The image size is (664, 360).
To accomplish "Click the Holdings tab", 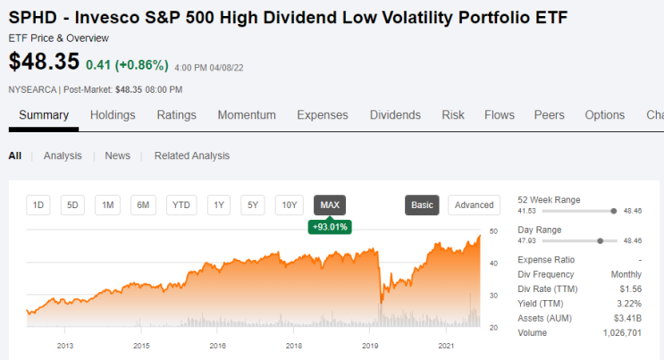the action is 113,115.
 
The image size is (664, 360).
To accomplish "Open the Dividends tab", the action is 395,115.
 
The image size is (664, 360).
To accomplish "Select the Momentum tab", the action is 247,115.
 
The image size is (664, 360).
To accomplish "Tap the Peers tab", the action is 550,115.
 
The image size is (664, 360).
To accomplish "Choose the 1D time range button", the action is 38,205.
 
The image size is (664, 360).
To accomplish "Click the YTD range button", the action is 181,205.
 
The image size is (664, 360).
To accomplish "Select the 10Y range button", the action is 290,205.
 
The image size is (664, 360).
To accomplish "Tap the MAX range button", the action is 330,205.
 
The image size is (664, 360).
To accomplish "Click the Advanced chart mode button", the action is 474,205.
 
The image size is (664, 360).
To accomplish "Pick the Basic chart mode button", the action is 422,205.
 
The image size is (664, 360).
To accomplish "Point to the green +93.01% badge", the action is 330,227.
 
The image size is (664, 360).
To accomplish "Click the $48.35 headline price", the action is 44,62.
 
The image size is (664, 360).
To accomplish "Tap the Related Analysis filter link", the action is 192,155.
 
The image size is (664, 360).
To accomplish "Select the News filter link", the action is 117,155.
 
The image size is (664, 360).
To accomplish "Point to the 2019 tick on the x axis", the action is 370,346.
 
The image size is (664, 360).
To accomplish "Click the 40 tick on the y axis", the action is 493,264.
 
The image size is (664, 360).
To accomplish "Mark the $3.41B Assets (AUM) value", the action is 627,319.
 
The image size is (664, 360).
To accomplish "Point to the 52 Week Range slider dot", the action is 614,211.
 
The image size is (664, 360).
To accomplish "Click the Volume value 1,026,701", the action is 623,333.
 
